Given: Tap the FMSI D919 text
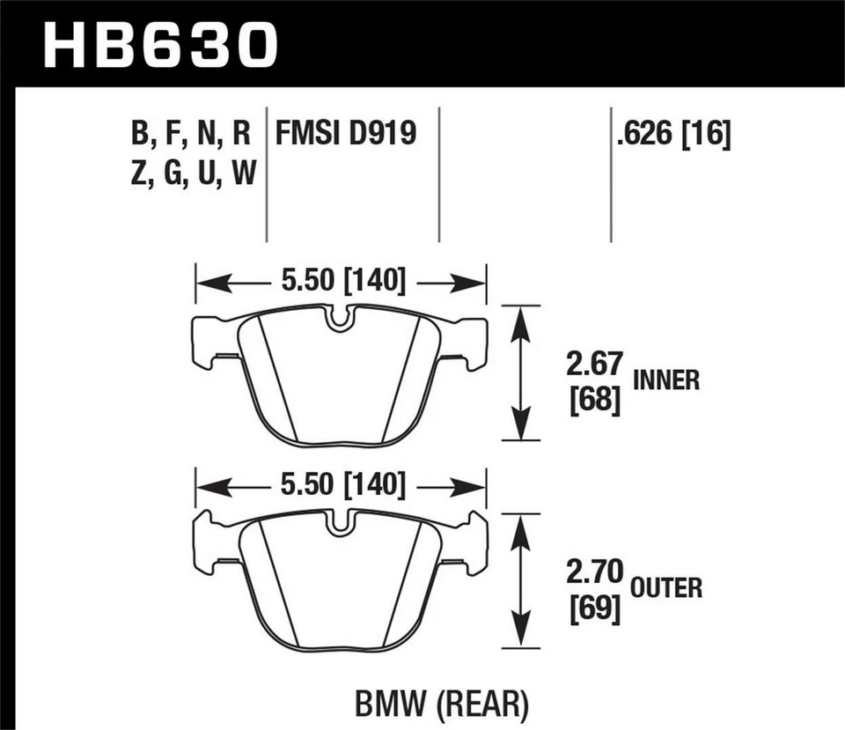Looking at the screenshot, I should tap(345, 134).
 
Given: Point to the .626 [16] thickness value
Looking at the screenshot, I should tap(673, 134).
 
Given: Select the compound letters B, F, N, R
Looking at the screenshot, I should tap(191, 134).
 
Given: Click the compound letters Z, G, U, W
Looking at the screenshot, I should tap(191, 174).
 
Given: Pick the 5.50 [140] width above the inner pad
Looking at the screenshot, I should tap(342, 282).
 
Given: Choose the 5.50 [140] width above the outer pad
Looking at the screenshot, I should tap(342, 485).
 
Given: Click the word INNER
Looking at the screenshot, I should tap(666, 380).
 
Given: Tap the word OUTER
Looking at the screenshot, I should tap(667, 587).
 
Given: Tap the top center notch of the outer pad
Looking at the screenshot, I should tap(341, 524).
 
